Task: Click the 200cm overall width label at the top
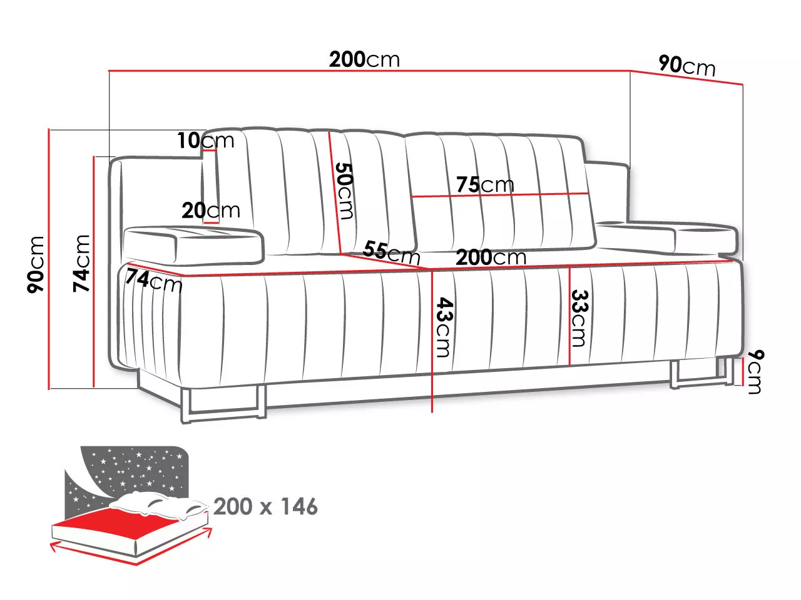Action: tap(364, 59)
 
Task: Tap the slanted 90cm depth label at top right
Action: tap(686, 66)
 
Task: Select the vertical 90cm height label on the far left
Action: tap(36, 264)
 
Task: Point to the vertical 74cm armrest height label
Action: tap(81, 263)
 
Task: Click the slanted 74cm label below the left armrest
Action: tap(154, 281)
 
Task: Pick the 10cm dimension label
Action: tap(205, 140)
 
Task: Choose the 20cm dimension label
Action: tap(211, 210)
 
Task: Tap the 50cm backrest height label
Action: tap(344, 191)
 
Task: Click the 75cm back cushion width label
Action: tap(485, 184)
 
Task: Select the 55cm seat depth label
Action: tap(391, 252)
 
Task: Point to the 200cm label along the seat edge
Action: tap(491, 257)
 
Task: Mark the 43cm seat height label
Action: tap(444, 327)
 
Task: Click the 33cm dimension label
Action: tap(580, 318)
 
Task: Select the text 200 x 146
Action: tap(265, 506)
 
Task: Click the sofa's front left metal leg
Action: tap(223, 406)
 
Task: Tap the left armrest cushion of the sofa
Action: tap(193, 244)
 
